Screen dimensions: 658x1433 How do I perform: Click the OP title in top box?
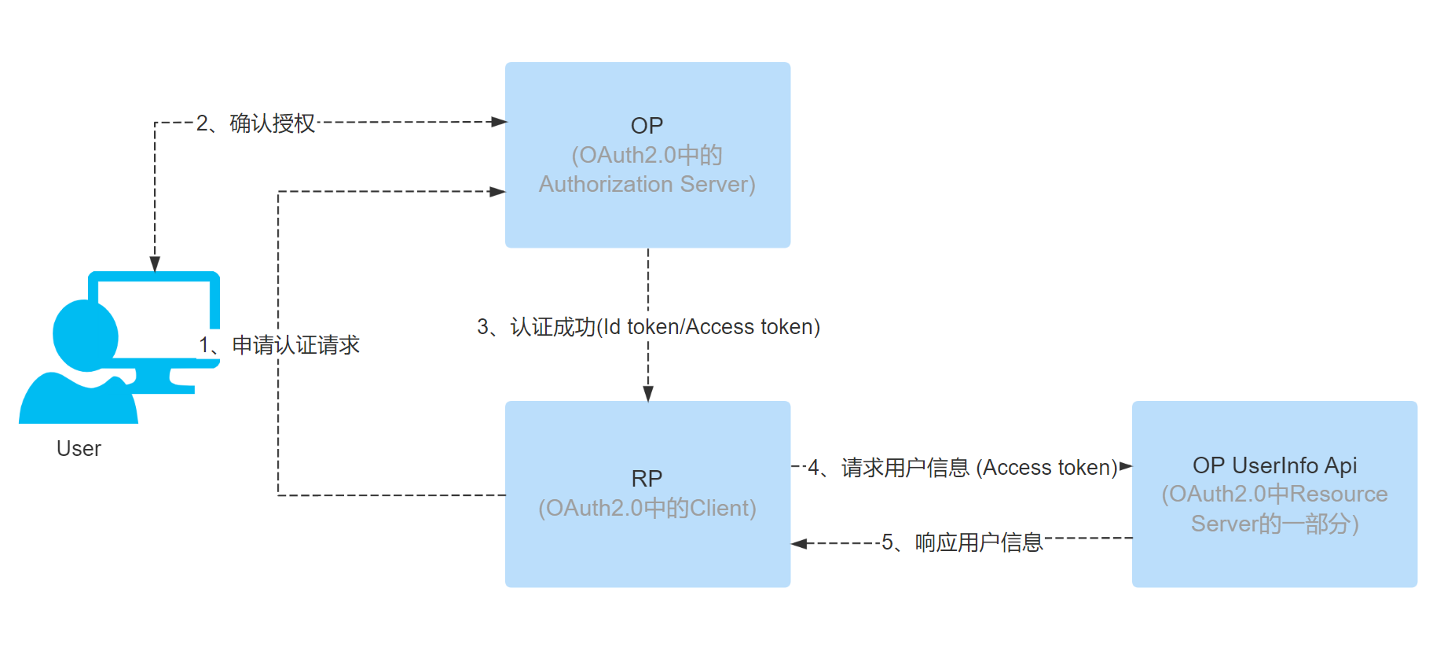click(647, 126)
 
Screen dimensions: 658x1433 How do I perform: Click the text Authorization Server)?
click(647, 184)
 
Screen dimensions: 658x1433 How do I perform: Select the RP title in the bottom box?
click(647, 478)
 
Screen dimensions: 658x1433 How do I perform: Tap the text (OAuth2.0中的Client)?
click(647, 509)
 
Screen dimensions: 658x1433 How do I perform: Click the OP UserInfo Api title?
click(1274, 465)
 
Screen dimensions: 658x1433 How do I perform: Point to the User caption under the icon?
click(79, 449)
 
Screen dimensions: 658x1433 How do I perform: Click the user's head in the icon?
click(85, 335)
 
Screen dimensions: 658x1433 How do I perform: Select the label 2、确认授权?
click(255, 123)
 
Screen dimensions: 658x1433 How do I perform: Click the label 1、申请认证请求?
click(280, 345)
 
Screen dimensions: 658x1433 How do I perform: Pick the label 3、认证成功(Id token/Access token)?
click(648, 327)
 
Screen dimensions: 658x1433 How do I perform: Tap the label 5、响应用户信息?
click(962, 542)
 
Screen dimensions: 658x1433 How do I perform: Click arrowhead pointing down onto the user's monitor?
click(155, 264)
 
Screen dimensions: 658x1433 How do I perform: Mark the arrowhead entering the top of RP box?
click(648, 394)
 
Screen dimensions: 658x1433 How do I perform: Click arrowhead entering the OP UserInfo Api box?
click(1125, 466)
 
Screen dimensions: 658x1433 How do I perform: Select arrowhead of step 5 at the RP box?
click(799, 543)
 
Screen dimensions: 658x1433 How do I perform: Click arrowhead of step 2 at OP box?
click(499, 122)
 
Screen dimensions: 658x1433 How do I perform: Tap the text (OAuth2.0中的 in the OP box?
click(647, 155)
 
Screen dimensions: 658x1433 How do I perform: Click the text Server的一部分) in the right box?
click(1274, 524)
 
